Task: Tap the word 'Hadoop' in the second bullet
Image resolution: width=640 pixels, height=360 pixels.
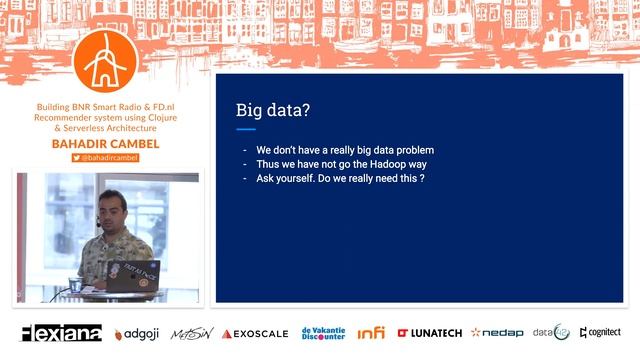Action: coord(384,164)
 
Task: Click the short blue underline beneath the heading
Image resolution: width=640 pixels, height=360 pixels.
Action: coord(245,129)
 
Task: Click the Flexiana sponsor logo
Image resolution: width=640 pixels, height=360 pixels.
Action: coord(61,333)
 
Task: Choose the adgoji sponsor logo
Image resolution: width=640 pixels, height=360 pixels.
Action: coord(137,334)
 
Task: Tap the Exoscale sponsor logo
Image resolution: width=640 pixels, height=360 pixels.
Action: coord(255,334)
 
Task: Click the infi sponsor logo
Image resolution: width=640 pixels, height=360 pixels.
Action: coord(371,333)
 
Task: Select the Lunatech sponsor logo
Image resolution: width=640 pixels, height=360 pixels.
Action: coord(429,333)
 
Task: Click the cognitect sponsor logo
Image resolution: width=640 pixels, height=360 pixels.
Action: coord(600,333)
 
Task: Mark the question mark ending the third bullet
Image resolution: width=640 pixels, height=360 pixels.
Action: coord(423,178)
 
